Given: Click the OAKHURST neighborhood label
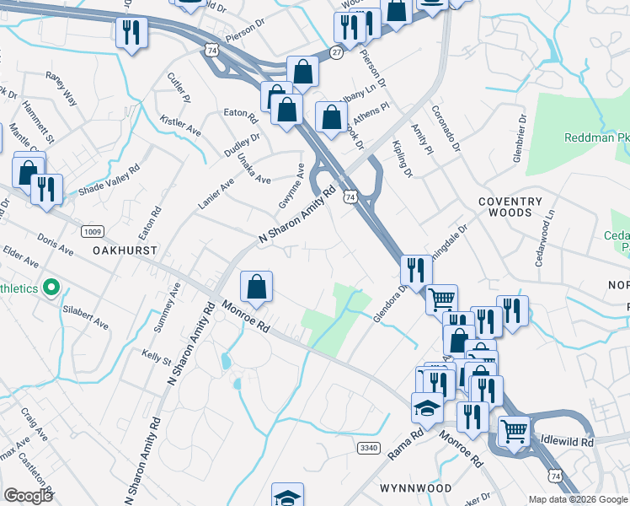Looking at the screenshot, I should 126,250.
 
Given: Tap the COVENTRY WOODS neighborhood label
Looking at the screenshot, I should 510,207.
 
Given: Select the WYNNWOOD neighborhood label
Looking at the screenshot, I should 416,488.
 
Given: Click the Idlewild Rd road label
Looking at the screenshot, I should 567,441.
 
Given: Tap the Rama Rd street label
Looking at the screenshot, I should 405,445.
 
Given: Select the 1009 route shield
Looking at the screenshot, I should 93,231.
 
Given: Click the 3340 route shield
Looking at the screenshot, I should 368,447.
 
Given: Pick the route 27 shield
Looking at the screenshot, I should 336,51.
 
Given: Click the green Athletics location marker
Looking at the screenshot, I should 51,288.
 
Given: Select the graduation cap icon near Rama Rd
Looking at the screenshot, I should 427,408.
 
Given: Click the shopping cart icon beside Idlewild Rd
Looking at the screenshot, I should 514,430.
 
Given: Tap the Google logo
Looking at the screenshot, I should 28,495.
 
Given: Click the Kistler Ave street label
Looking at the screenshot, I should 180,126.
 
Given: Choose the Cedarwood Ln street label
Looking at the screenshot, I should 544,243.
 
